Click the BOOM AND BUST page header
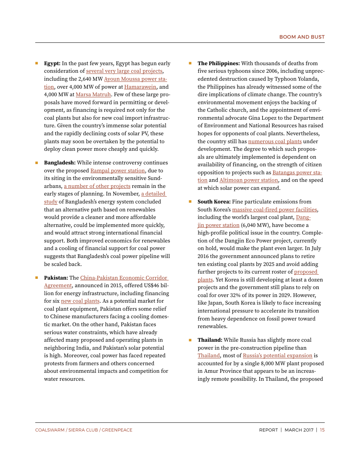[302, 37]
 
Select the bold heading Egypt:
[52, 63]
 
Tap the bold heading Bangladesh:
[59, 163]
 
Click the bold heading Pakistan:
[56, 278]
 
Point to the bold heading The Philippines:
[218, 63]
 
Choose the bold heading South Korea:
[214, 202]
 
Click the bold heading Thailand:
[210, 340]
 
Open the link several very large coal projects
[124, 71]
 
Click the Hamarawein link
[140, 87]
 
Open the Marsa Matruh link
[93, 94]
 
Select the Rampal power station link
[117, 170]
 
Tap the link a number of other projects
[97, 186]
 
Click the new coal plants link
[80, 301]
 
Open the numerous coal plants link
[275, 141]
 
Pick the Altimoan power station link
[249, 180]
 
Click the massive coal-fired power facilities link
[274, 210]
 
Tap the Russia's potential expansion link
[277, 355]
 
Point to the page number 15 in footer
[322, 430]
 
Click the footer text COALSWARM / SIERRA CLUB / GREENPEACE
[84, 430]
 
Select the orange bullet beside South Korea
[190, 202]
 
